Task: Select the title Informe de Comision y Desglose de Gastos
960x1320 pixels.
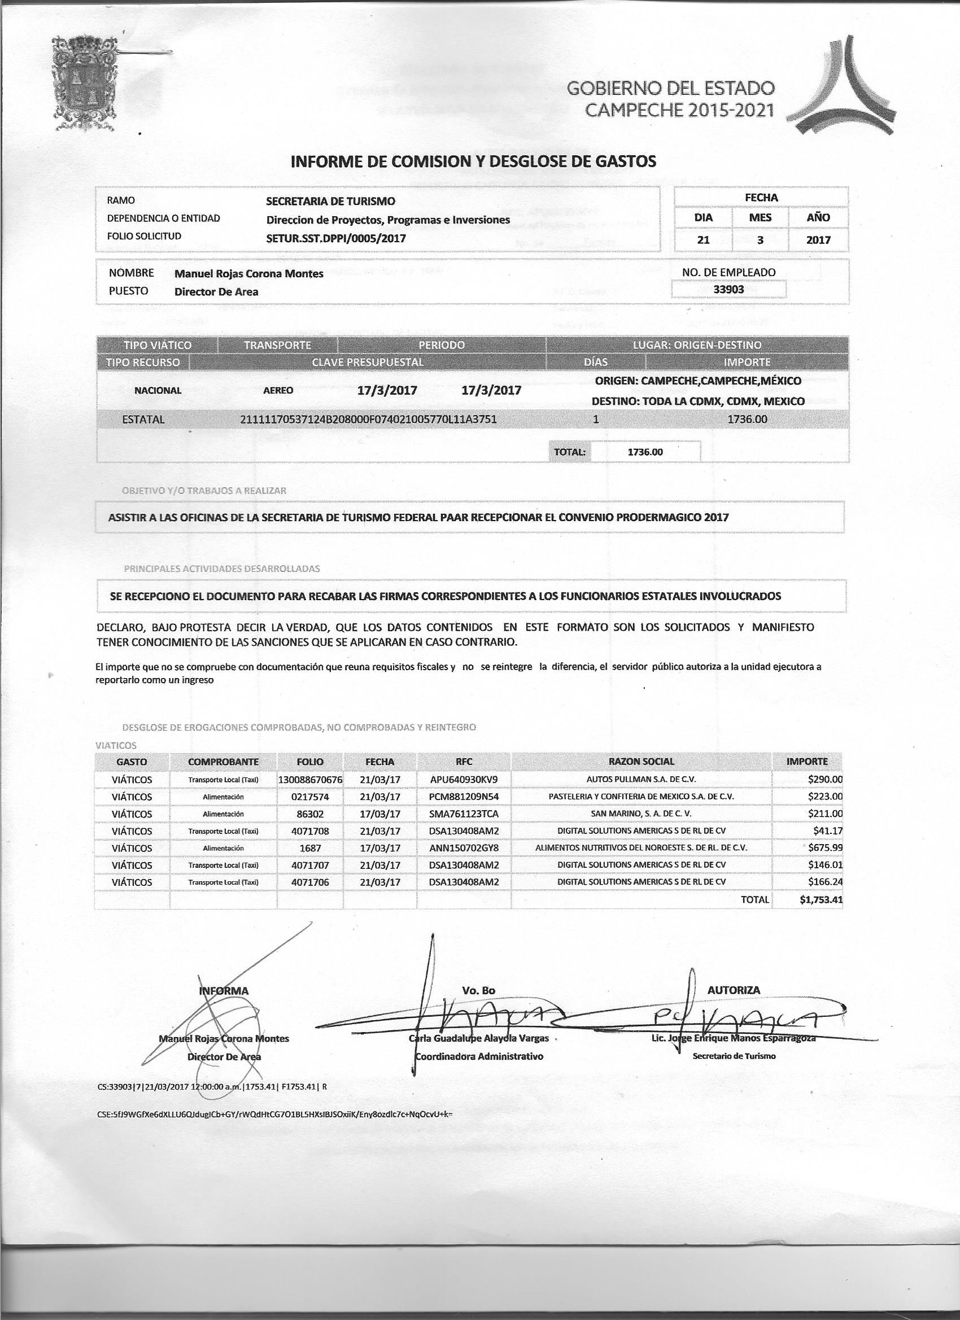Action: point(473,161)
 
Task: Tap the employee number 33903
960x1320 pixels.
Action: point(728,289)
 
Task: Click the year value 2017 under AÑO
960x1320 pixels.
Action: point(818,240)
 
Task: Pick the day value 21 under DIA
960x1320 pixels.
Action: point(703,240)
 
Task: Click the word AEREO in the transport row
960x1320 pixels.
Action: point(278,391)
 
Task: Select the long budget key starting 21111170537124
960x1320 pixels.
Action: point(368,419)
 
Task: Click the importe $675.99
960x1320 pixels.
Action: point(825,848)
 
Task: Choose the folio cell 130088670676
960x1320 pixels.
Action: point(310,779)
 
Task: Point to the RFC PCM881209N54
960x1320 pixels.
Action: point(464,796)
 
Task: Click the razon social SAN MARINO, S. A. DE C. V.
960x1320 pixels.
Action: point(641,814)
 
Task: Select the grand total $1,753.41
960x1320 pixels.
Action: point(821,900)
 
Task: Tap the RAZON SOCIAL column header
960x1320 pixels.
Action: point(641,761)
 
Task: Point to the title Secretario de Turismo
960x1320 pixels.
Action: point(734,1056)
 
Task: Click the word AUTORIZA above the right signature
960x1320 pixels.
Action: point(734,990)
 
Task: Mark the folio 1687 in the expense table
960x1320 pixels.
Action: point(310,848)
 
